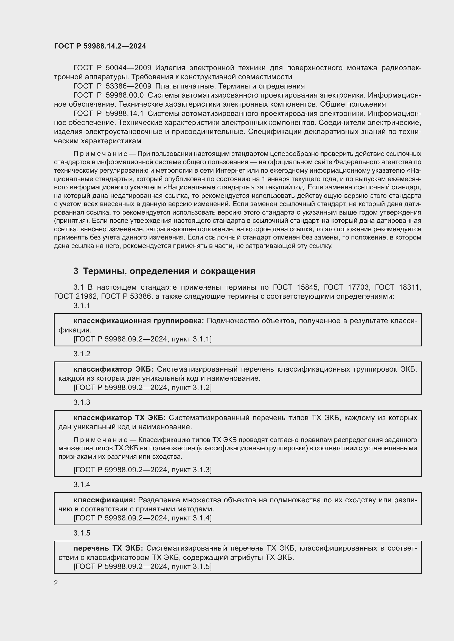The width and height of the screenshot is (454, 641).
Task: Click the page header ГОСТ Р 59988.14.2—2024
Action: tap(100, 46)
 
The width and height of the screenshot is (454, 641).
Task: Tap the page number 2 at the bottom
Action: tap(56, 583)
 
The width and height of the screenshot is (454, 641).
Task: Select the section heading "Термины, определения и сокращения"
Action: tap(169, 271)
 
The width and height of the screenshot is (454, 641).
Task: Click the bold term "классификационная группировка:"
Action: tap(139, 321)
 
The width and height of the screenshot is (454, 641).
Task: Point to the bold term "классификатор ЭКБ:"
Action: tap(114, 369)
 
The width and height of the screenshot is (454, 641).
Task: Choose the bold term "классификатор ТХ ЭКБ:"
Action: tap(120, 418)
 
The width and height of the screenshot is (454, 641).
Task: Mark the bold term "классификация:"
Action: tap(104, 500)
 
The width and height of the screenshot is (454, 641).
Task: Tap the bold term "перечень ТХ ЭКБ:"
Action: tap(108, 548)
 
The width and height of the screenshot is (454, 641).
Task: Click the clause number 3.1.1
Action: tap(82, 306)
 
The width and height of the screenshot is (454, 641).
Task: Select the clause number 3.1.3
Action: tap(82, 402)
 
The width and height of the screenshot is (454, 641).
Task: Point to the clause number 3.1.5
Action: tap(82, 533)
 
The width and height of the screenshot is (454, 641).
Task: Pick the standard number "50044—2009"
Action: tap(128, 68)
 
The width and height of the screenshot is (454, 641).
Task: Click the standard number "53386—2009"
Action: tap(128, 86)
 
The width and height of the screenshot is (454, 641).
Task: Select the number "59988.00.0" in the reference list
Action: tap(124, 95)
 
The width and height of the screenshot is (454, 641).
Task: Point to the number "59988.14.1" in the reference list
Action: tap(124, 113)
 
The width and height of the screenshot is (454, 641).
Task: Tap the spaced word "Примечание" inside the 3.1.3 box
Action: tap(100, 440)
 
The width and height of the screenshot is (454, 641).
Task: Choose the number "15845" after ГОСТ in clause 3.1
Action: tap(307, 287)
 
